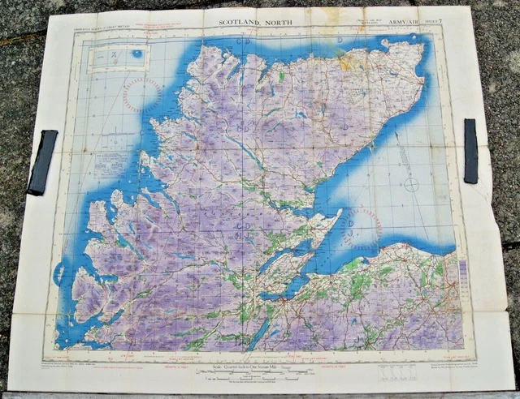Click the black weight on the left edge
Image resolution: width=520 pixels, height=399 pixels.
click(42, 162)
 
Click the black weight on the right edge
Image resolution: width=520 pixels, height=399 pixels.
click(470, 151)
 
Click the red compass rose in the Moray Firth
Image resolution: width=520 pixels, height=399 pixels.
click(362, 227)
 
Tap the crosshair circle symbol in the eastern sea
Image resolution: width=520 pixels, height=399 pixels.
click(412, 184)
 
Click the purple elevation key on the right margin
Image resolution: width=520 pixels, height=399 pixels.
click(463, 272)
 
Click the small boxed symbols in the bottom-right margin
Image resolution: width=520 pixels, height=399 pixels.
click(396, 372)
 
